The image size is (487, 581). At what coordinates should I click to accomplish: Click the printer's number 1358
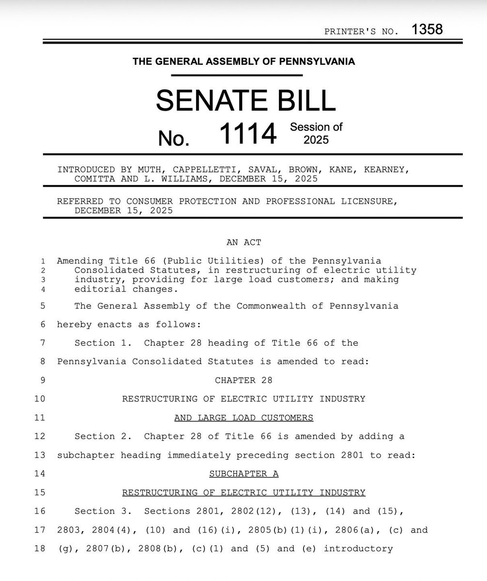coord(427,30)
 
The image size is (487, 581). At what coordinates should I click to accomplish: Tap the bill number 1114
coord(248,134)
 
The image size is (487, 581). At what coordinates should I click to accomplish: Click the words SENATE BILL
coord(245,100)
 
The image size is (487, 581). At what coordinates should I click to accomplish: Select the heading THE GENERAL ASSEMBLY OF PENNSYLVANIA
coord(243,61)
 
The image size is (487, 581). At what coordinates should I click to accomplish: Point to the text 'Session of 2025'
coord(316,133)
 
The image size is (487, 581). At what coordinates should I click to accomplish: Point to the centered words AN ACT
coord(243,243)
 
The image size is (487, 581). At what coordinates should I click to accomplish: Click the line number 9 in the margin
coord(43,380)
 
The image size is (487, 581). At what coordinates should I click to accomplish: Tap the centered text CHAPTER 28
coord(243,380)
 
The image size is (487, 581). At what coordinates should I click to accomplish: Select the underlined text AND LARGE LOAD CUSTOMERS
coord(243,417)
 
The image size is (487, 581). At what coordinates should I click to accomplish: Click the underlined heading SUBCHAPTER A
coord(243,474)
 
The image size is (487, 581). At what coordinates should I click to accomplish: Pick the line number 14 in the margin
coord(40,474)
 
